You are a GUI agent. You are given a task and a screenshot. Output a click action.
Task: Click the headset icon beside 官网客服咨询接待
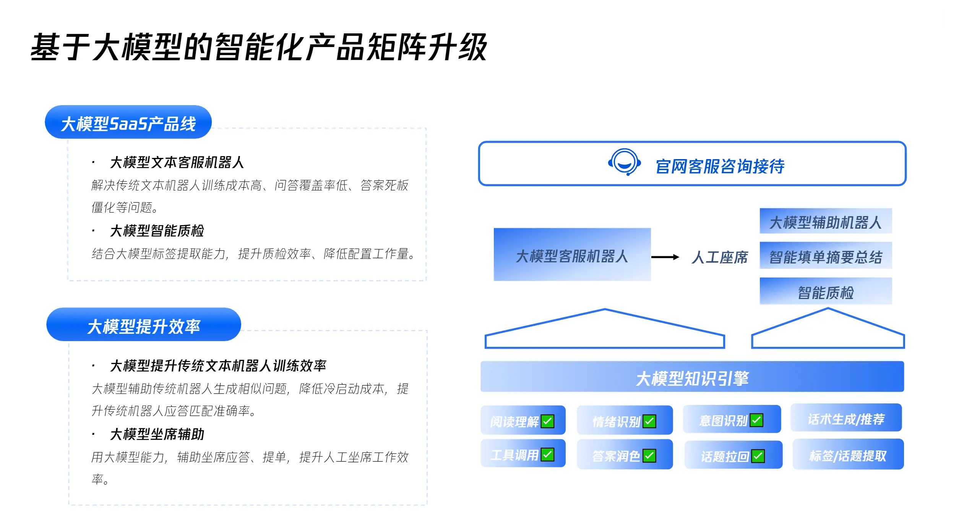[624, 162]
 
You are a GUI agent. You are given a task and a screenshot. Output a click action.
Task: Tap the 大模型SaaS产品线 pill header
[128, 122]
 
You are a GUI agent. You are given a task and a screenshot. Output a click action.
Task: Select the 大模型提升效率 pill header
[143, 325]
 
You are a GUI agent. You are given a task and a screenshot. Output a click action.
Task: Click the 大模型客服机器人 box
[572, 255]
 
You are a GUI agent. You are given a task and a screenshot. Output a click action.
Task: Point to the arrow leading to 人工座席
[665, 257]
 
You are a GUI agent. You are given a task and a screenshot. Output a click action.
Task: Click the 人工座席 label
[719, 257]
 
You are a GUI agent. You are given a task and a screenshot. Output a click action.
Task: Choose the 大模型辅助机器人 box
[825, 221]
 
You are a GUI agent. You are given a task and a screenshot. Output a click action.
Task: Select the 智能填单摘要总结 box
[825, 256]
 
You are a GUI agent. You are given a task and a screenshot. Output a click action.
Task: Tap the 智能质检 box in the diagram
[825, 292]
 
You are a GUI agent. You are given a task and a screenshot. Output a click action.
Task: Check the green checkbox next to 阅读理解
[547, 421]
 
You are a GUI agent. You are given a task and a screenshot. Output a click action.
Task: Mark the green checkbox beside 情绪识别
[649, 421]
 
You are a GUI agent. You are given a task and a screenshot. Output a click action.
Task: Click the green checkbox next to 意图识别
[756, 420]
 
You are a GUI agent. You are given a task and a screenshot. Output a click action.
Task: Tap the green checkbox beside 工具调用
[547, 454]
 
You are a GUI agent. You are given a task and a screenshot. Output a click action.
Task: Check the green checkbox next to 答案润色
[649, 455]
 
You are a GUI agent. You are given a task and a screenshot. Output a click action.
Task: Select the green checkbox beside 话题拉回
[758, 455]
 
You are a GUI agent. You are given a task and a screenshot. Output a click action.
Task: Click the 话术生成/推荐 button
[846, 418]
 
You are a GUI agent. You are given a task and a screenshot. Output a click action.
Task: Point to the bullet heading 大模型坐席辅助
[157, 434]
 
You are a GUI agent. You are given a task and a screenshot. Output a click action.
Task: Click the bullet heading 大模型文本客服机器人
[177, 162]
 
